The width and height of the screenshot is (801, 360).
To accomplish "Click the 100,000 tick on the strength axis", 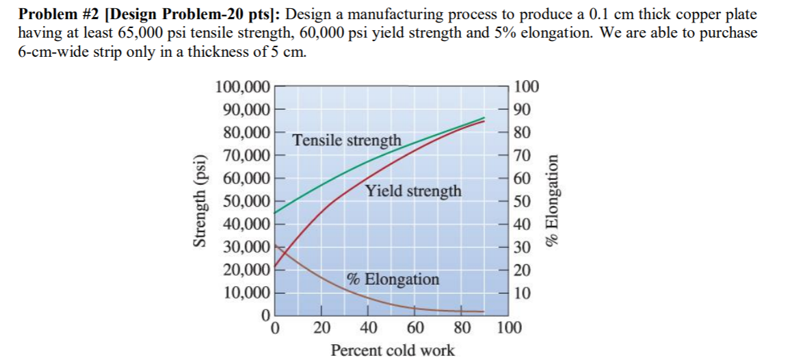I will tap(244, 87).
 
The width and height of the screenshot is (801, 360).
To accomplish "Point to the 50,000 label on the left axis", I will tap(244, 202).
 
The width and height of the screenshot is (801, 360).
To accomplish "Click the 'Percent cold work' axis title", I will tap(392, 350).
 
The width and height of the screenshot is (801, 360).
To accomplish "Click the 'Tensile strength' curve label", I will tap(347, 140).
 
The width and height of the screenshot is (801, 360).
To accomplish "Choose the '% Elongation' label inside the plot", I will tap(393, 279).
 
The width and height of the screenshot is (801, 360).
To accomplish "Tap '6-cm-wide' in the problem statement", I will tap(44, 52).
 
